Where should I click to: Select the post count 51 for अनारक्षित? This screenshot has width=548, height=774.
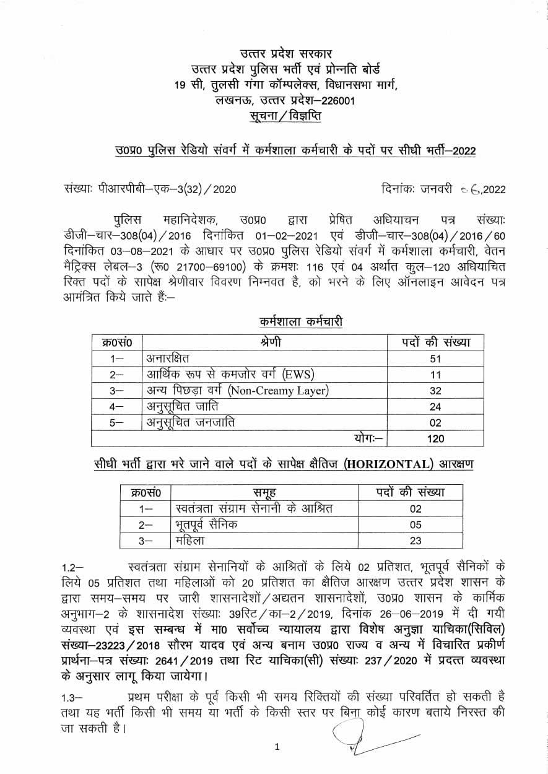(x=435, y=358)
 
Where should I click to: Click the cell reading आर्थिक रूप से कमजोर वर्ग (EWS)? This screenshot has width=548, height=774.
(x=231, y=374)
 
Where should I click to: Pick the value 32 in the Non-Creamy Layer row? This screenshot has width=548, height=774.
(x=435, y=391)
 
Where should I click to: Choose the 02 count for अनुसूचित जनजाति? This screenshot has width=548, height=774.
(x=435, y=423)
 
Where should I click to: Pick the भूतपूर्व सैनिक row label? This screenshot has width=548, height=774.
(x=206, y=524)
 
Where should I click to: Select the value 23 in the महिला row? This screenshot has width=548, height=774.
(x=415, y=541)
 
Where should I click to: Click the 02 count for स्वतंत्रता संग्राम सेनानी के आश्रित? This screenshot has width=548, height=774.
(x=415, y=509)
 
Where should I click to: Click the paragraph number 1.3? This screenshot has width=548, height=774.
(x=72, y=695)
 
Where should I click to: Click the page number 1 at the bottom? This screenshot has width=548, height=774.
(x=277, y=747)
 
